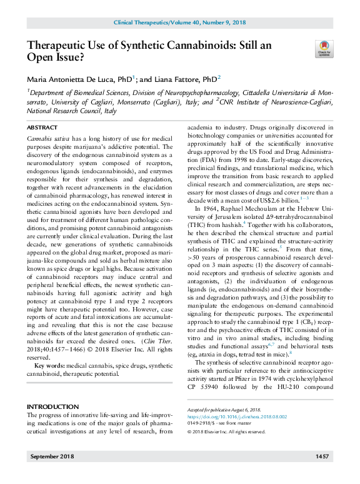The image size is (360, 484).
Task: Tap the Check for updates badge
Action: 324,48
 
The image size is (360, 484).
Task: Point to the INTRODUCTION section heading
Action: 52,388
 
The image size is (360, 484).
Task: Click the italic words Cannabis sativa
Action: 49,136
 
